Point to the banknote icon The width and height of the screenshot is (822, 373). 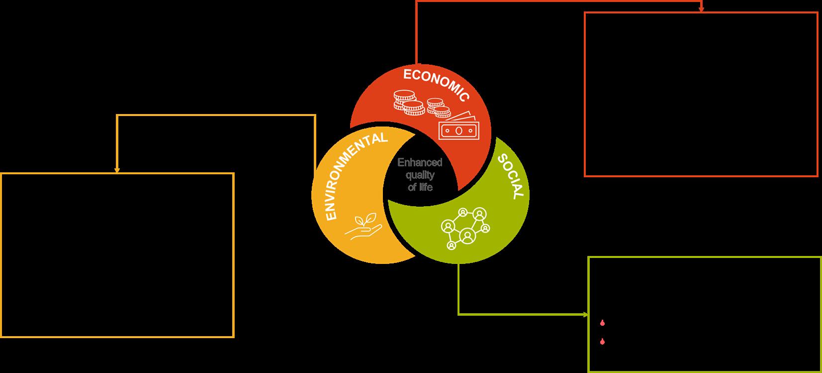[x=458, y=128]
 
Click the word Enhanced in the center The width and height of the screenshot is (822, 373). [x=420, y=162]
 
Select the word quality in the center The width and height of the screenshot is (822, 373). [x=420, y=175]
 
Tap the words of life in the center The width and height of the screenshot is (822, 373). [x=420, y=187]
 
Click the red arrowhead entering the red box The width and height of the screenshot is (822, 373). [x=701, y=9]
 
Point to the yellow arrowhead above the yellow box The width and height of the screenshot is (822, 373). [x=117, y=170]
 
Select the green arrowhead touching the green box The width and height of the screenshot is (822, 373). [x=585, y=314]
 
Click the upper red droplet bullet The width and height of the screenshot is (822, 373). [x=602, y=323]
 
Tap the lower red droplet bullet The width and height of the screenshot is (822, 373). [x=602, y=342]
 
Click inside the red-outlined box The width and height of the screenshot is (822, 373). [x=701, y=94]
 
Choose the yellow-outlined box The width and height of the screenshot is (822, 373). [x=117, y=255]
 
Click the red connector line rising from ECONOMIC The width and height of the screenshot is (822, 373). [x=416, y=32]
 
